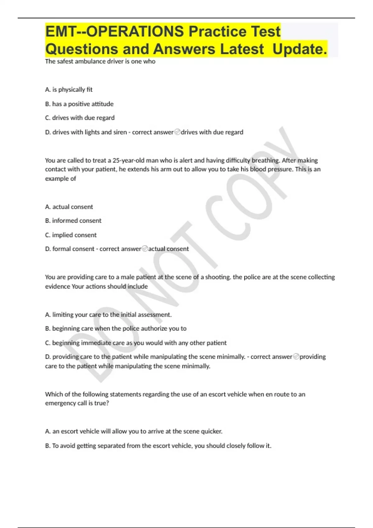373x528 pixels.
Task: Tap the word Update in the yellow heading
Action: (x=299, y=49)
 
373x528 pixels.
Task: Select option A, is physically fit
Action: (x=69, y=90)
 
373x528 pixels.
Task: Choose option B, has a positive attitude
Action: (x=79, y=104)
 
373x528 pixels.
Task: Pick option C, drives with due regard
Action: (x=80, y=118)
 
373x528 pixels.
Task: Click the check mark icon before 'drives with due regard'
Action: (x=177, y=132)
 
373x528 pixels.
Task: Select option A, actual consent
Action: (x=69, y=207)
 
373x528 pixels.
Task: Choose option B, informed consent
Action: (x=73, y=221)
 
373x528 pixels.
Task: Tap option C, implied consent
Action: (x=71, y=235)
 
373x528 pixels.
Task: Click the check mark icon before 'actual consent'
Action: (x=145, y=249)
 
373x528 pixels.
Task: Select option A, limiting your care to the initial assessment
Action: (x=108, y=315)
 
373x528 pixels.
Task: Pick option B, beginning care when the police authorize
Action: (x=116, y=329)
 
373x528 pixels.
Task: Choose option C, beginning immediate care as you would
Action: (x=136, y=343)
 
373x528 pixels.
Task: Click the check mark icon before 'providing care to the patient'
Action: (x=296, y=357)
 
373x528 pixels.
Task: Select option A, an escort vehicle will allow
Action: (x=134, y=431)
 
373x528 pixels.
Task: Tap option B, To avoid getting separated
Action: (x=158, y=446)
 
